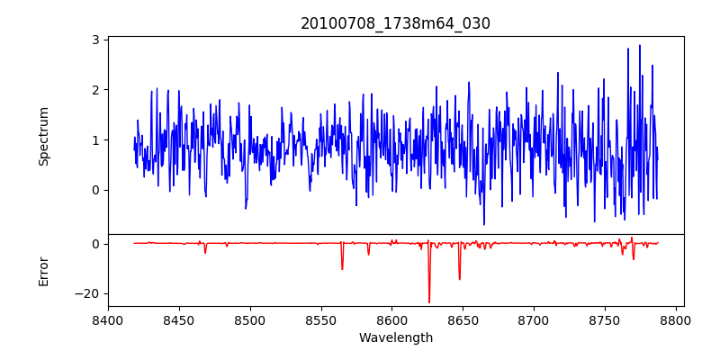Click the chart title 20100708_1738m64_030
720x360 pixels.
(395, 23)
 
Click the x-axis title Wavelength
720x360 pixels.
(395, 338)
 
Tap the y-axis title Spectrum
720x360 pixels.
(44, 136)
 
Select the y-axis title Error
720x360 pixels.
(44, 271)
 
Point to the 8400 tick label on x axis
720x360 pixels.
(108, 320)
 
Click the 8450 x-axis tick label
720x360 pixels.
(179, 320)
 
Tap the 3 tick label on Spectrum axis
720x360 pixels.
(94, 40)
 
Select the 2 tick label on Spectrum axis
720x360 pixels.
(94, 90)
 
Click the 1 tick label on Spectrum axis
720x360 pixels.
(94, 140)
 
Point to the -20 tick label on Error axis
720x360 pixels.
(88, 293)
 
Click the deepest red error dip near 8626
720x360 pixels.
(429, 301)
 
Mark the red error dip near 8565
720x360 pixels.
(342, 268)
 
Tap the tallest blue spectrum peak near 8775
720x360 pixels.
(640, 46)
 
